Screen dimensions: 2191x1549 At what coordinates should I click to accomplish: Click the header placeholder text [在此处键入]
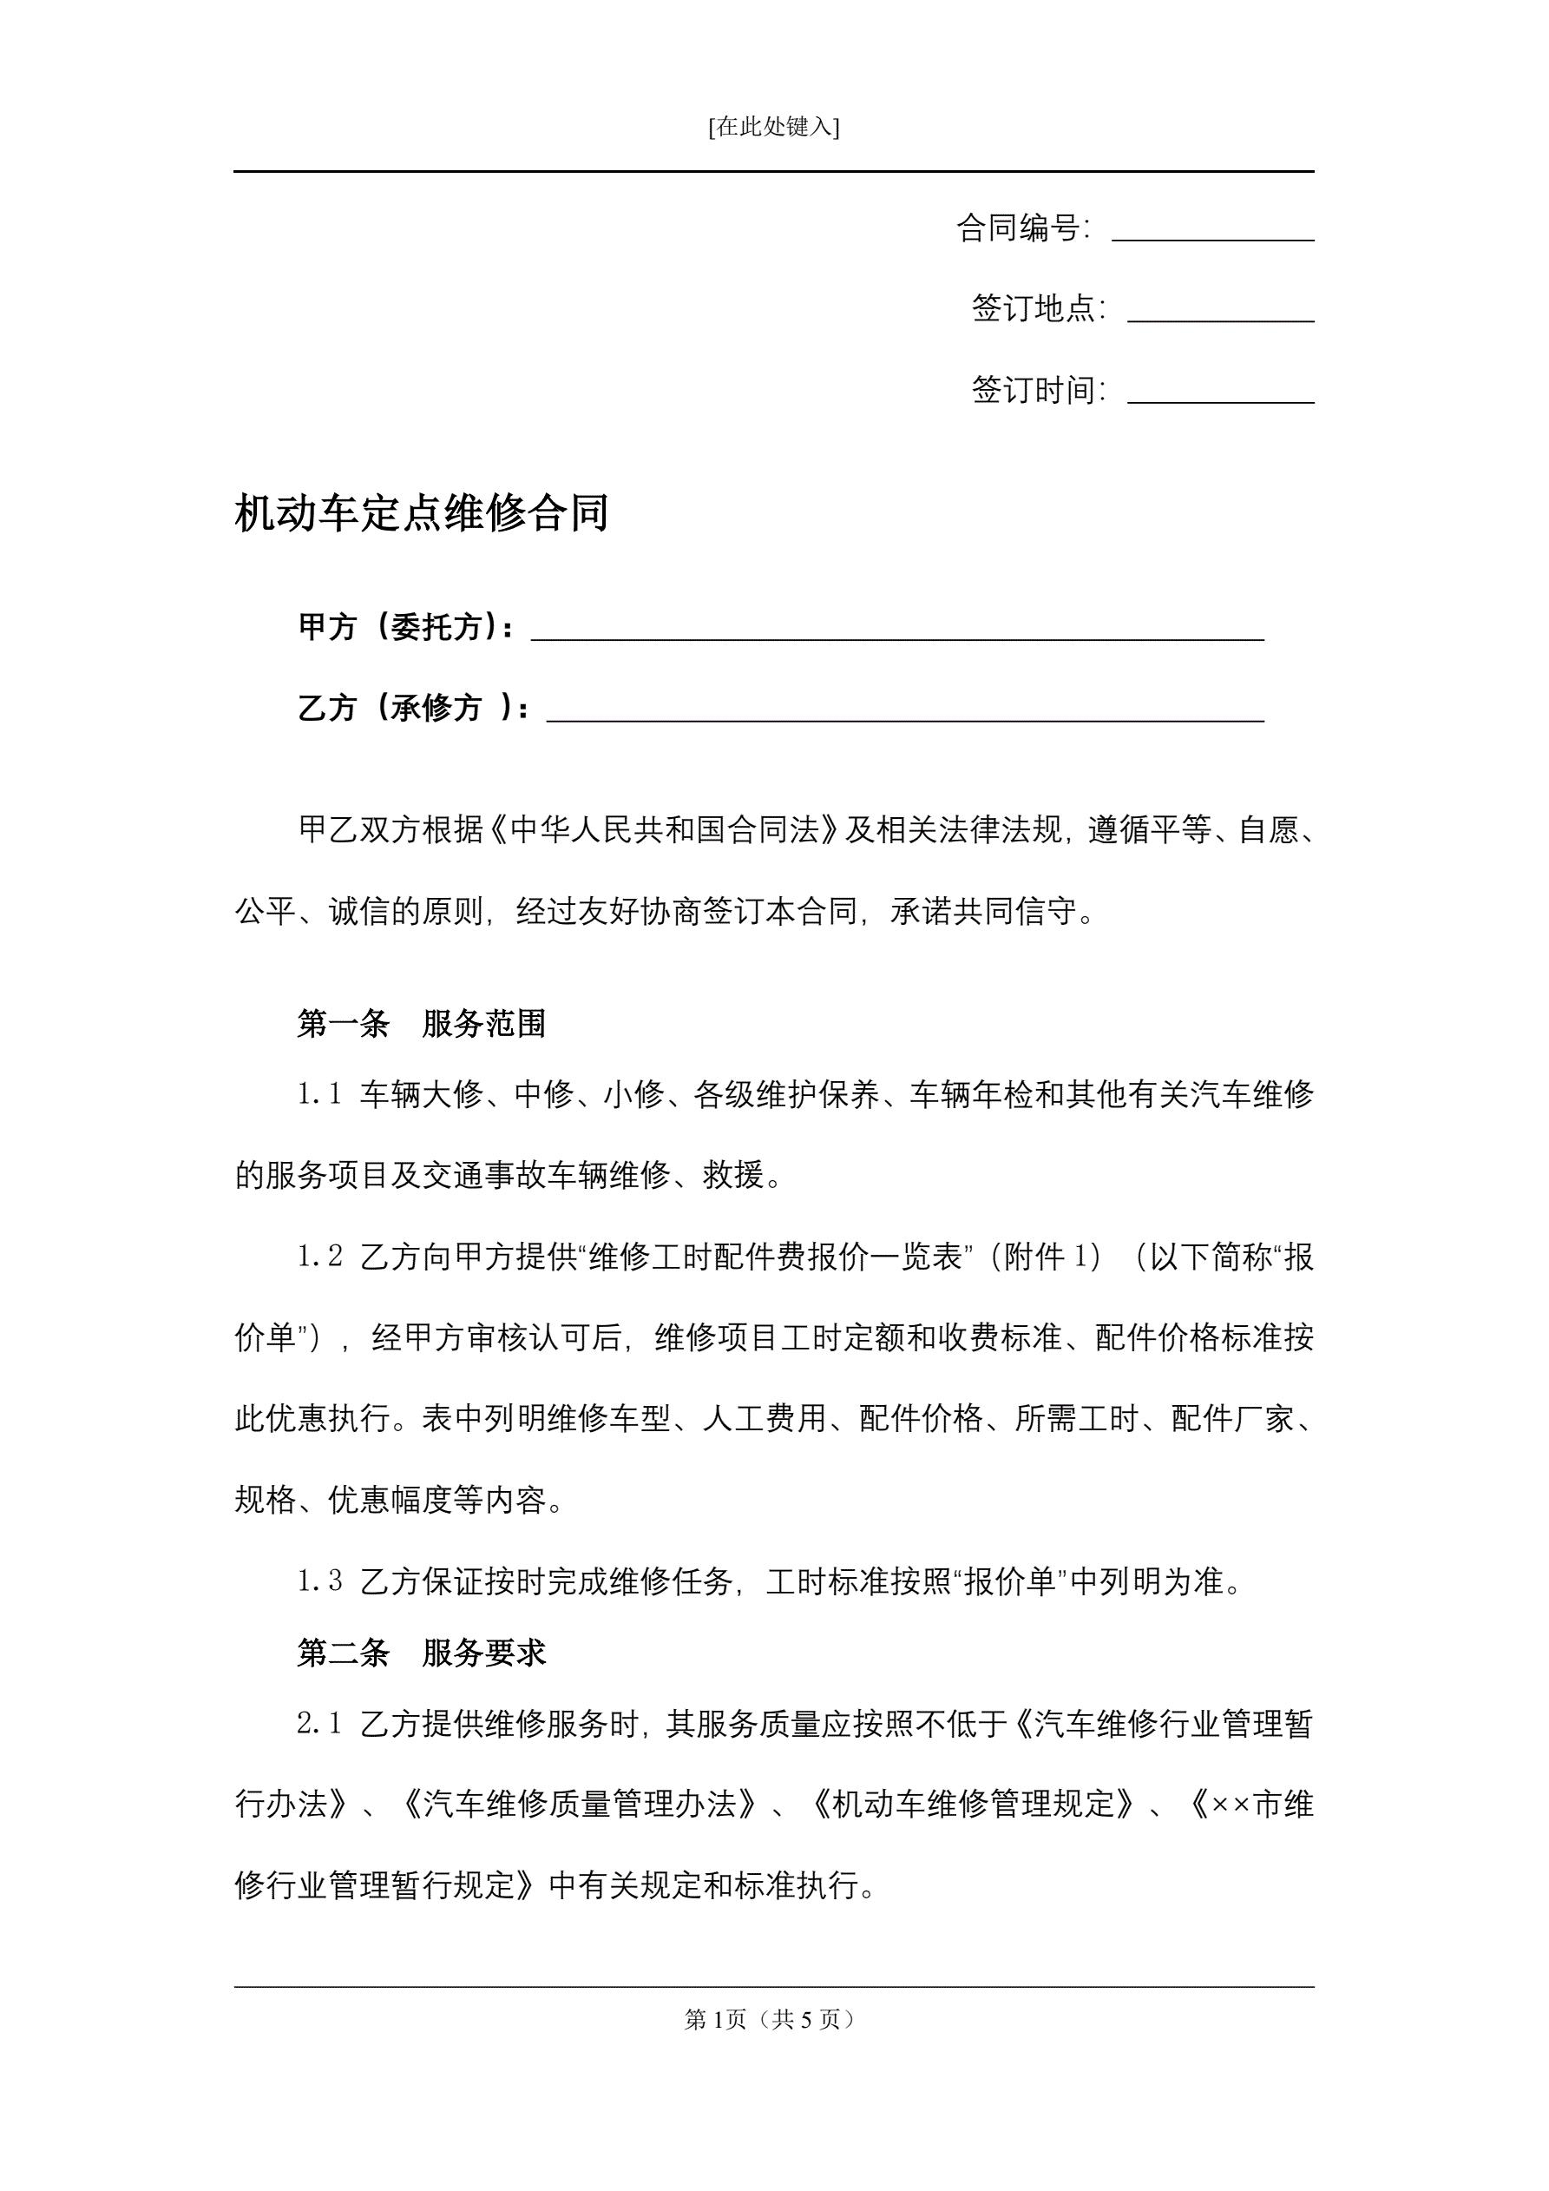[773, 127]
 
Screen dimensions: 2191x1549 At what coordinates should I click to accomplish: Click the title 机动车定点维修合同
[422, 513]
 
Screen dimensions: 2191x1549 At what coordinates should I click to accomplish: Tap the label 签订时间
[1036, 390]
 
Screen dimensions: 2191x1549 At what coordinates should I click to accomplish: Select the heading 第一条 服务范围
[422, 1024]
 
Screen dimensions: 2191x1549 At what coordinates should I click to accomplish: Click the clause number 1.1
[319, 1094]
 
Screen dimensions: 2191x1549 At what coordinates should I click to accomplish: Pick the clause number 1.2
[319, 1257]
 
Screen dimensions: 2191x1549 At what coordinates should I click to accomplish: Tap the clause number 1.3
[319, 1582]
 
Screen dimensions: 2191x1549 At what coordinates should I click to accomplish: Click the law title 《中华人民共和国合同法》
[665, 830]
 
